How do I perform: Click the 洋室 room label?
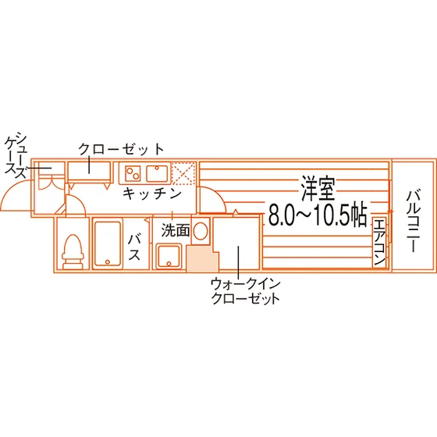coord(318,188)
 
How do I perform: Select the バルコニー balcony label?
coord(414,221)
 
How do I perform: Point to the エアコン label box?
coord(379,243)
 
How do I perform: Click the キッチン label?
coord(152,194)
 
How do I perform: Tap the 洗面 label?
coord(176,230)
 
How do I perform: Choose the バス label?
coord(134,247)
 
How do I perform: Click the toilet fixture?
coord(73,251)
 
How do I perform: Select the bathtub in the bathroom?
coord(108,243)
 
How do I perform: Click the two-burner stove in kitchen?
coord(133,173)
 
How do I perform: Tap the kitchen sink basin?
coord(158,173)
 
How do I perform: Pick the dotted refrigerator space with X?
coord(183,173)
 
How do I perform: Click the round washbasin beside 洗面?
coord(201,231)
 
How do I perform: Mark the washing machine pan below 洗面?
coord(169,256)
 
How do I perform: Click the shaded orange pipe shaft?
coord(202,258)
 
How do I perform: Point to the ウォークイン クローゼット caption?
coord(245,291)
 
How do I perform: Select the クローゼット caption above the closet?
coord(121,149)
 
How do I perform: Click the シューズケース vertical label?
coord(16,155)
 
